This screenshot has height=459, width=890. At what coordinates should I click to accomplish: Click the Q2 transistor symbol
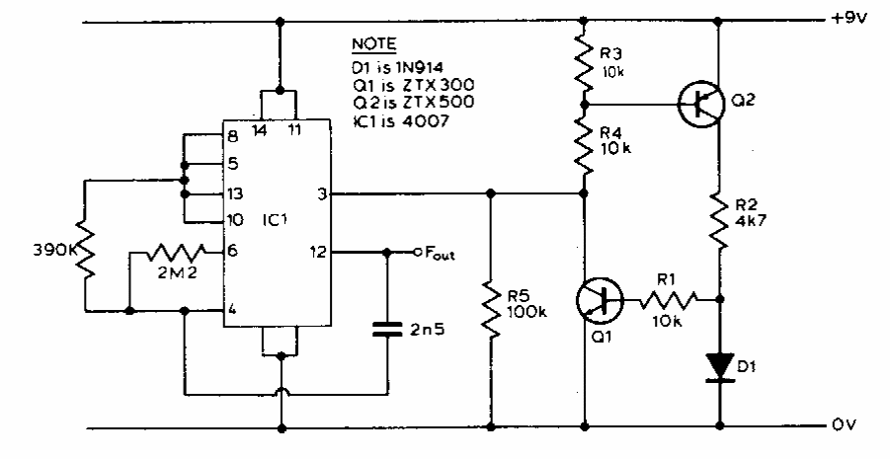tap(701, 103)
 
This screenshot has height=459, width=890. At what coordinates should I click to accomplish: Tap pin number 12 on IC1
tap(317, 252)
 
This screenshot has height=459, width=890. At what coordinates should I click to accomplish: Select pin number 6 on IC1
tap(231, 252)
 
